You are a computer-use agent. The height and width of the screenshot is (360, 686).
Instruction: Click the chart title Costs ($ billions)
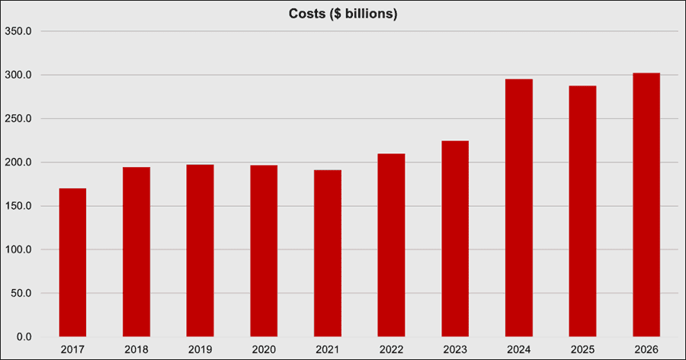(x=342, y=14)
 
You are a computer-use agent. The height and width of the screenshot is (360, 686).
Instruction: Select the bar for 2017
(x=72, y=262)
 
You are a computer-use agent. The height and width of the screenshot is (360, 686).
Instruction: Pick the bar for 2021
(x=328, y=253)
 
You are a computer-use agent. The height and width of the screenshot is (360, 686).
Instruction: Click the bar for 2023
(x=455, y=239)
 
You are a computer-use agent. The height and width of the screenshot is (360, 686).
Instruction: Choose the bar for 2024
(x=519, y=207)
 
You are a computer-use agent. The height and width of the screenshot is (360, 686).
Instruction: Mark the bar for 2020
(x=264, y=251)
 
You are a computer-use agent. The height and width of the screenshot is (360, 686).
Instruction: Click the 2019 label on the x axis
(x=200, y=349)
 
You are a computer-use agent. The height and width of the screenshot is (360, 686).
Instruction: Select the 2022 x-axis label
(x=392, y=349)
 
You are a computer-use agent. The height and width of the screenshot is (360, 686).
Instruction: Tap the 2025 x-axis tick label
(x=583, y=349)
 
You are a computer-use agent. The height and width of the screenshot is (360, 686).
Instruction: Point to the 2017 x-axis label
(x=72, y=349)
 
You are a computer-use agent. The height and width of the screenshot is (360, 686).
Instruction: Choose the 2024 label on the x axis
(x=519, y=349)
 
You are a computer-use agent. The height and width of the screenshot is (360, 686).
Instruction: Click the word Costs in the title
(x=306, y=14)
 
